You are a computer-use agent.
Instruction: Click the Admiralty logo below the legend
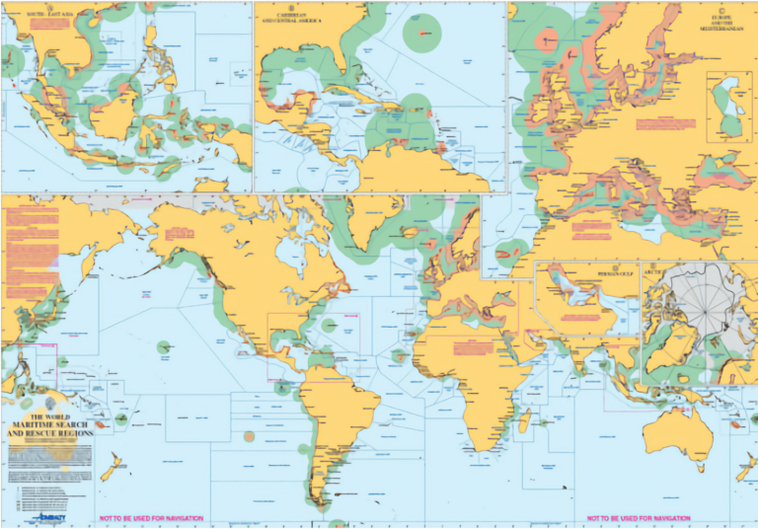(48, 515)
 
